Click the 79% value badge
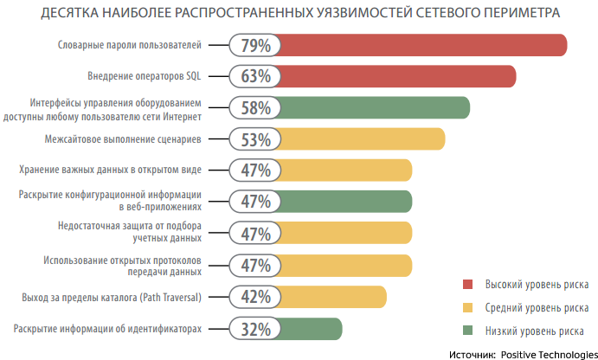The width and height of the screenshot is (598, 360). pyautogui.click(x=257, y=45)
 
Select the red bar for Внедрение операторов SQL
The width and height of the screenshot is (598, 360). pyautogui.click(x=398, y=76)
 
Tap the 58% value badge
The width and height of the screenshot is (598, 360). pyautogui.click(x=257, y=108)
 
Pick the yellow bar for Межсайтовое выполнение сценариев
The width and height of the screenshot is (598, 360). pyautogui.click(x=363, y=139)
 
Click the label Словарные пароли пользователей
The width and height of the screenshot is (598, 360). pyautogui.click(x=128, y=45)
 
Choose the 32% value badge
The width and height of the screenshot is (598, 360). pyautogui.click(x=257, y=329)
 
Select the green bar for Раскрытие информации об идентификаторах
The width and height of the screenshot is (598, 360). pyautogui.click(x=312, y=329)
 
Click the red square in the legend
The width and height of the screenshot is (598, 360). pyautogui.click(x=468, y=284)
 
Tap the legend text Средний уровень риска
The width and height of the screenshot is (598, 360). pyautogui.click(x=537, y=307)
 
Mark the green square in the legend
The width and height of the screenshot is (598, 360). pyautogui.click(x=468, y=331)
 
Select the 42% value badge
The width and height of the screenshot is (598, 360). pyautogui.click(x=257, y=298)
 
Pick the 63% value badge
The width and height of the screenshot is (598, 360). pyautogui.click(x=257, y=76)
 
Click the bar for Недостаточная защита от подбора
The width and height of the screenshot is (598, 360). pyautogui.click(x=346, y=234)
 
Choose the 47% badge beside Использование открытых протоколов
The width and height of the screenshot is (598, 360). pyautogui.click(x=257, y=266)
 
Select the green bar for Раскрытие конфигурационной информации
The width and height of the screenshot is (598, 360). pyautogui.click(x=346, y=202)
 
